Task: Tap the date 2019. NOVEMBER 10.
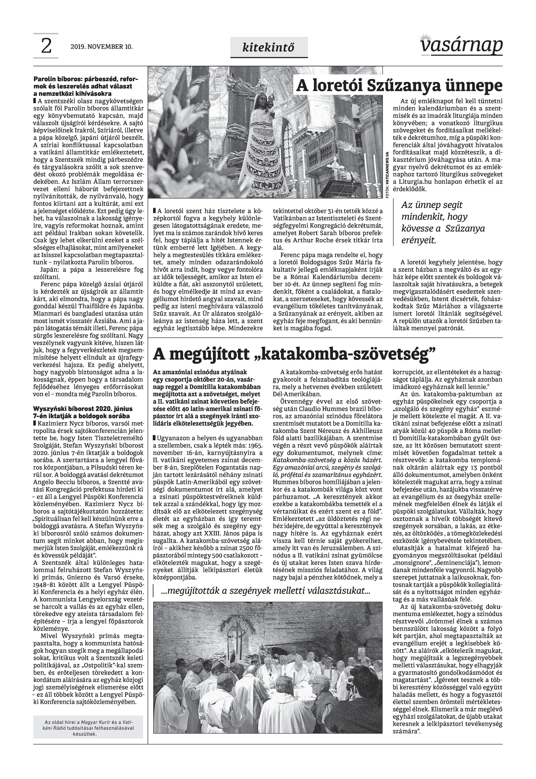click(x=102, y=47)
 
